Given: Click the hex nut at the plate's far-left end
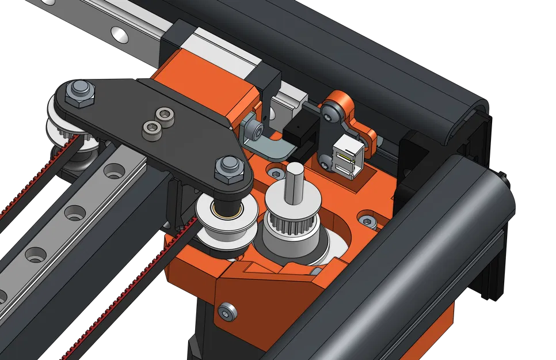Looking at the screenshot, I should click(77, 92).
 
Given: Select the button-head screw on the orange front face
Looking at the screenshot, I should click(228, 311).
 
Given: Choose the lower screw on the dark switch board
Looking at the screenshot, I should click(326, 165).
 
